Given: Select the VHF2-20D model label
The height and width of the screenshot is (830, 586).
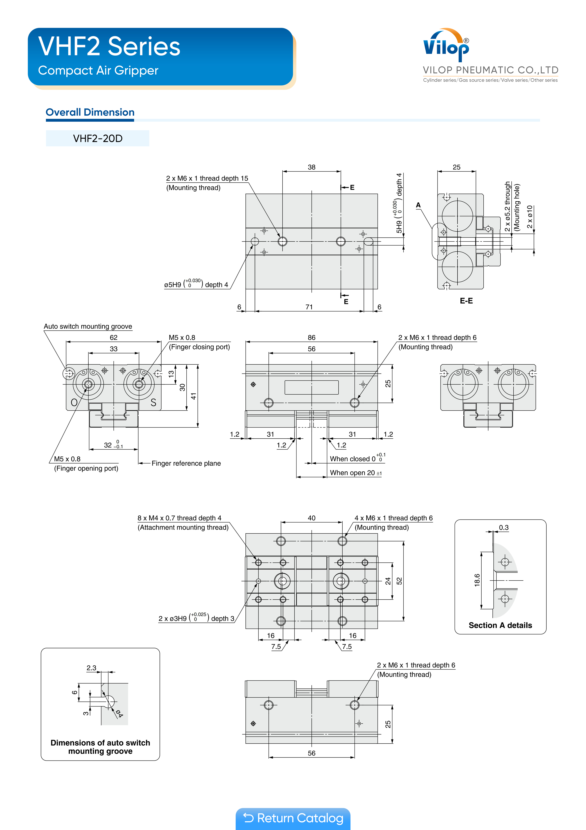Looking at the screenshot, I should pos(98,138).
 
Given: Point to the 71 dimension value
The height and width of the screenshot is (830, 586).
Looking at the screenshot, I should pos(309,307).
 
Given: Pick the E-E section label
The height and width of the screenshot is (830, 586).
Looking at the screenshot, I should pos(466,301).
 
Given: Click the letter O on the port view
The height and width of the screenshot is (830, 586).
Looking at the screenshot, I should pos(74,402).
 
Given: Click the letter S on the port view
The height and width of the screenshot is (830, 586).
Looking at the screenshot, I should pos(153,402).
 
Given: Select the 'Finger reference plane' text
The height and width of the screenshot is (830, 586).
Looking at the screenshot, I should pos(186,463).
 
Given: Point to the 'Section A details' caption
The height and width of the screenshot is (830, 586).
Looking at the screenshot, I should pos(500,625).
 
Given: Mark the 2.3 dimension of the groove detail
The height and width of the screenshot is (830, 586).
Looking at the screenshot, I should pos(91,668).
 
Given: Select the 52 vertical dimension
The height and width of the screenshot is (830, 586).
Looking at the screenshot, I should pos(399,581).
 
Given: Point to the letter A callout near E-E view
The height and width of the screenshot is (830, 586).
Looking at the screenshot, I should pos(418,205).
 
